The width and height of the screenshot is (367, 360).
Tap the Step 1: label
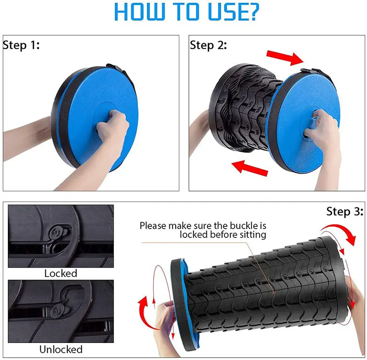21,45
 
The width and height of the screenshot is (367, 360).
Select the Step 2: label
208,45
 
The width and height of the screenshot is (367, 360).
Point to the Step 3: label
345,212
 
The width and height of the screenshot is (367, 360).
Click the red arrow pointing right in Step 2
285,57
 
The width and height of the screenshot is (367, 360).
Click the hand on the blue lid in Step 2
323,131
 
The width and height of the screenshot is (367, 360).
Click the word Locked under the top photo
61,273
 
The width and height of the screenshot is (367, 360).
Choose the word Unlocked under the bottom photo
61,349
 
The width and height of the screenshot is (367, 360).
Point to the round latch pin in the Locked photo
56,233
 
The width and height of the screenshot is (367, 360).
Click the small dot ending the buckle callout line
274,292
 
